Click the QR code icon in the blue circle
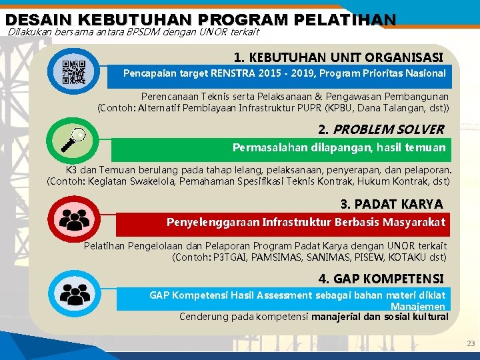pos(74,72)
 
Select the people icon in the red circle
pos(74,219)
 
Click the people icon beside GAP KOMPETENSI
pos(74,294)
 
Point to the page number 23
pos(471,344)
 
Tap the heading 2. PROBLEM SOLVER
pos(381,129)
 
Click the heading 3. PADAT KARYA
pos(391,204)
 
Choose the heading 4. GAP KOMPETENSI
pos(381,278)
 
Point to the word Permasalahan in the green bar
pos(265,147)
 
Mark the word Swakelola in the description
pos(152,181)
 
